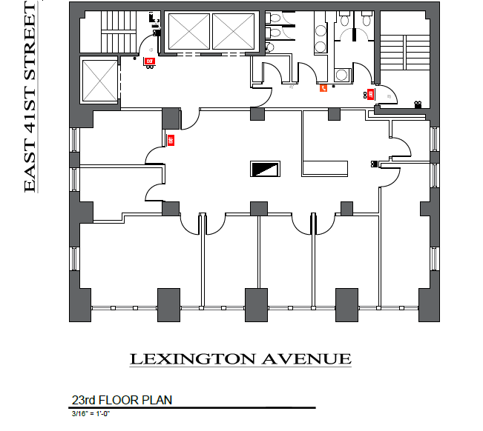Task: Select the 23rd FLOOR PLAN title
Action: click(122, 401)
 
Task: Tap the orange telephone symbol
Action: click(323, 88)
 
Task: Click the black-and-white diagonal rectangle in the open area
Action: click(265, 170)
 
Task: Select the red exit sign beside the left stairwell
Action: click(149, 61)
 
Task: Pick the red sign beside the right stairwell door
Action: click(369, 94)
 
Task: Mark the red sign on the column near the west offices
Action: click(171, 139)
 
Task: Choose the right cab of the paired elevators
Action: click(233, 32)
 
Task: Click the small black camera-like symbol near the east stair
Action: click(418, 104)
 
